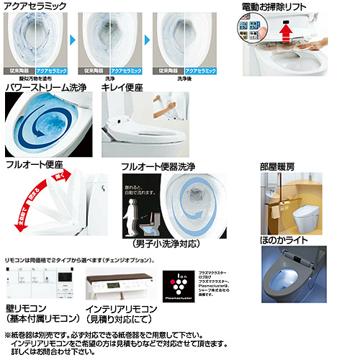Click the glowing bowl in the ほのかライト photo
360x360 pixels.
pos(302,276)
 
